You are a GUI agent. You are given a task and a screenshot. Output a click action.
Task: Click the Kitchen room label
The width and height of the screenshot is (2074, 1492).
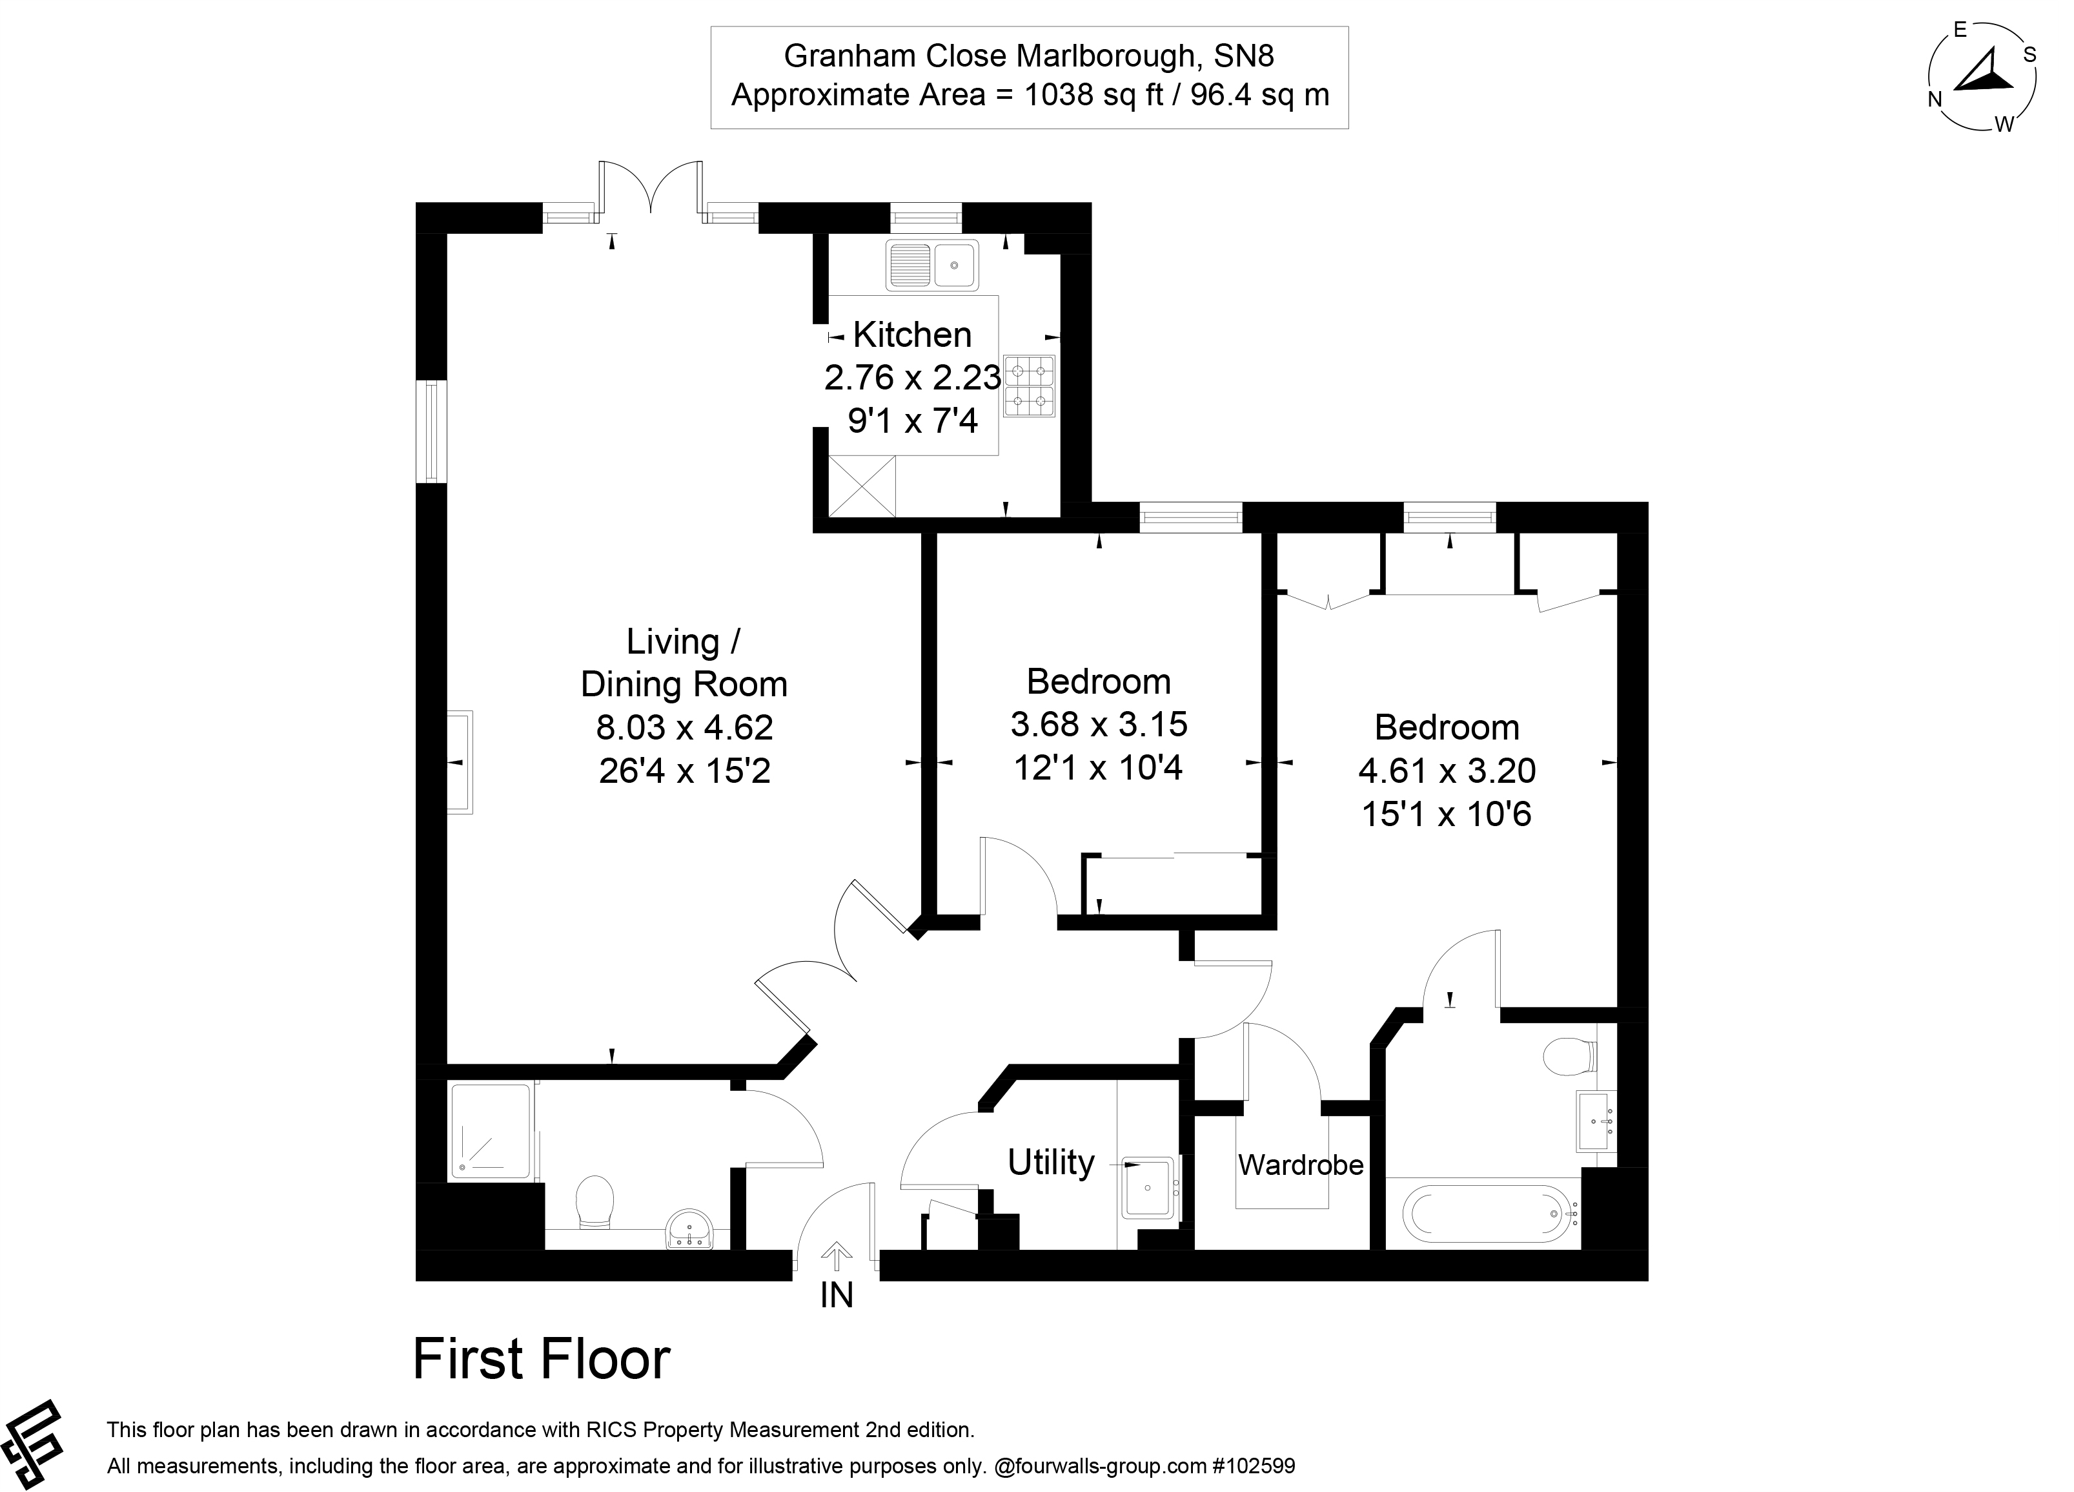911,335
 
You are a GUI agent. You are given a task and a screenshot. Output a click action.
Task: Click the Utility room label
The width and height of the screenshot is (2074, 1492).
1051,1163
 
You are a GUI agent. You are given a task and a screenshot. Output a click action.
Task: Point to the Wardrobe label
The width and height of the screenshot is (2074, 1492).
1300,1165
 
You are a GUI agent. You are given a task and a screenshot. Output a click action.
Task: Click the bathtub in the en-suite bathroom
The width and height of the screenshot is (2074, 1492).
1490,1214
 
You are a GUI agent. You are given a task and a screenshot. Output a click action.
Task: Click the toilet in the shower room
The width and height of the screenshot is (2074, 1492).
595,1201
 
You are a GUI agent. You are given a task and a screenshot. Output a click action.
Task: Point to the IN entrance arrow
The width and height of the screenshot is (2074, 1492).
836,1256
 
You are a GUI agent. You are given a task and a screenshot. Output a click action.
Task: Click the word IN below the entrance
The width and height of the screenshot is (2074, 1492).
836,1295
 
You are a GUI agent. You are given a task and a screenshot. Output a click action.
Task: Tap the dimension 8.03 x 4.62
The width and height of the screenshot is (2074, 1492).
684,728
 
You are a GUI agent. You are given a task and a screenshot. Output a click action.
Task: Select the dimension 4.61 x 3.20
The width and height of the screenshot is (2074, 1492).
1447,771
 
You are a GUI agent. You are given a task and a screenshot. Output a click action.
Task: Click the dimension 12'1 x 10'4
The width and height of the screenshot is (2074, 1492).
1097,767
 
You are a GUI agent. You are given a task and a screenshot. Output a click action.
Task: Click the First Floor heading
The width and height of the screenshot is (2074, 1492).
542,1360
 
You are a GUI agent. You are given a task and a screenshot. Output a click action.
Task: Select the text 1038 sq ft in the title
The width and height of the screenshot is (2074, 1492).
1092,95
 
